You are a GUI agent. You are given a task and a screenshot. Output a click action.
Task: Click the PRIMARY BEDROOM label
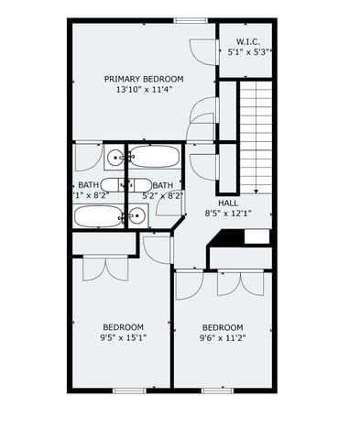point(144,78)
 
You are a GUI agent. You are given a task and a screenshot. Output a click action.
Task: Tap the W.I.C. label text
point(247,41)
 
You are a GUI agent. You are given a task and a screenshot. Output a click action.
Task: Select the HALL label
point(228,202)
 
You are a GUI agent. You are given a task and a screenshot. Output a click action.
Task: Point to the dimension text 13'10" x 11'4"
point(144,90)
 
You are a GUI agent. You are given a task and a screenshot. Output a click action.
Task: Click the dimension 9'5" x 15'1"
point(122,337)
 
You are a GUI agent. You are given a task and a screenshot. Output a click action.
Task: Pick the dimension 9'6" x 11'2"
point(223,337)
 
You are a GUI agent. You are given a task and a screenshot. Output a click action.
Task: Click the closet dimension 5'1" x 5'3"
point(247,53)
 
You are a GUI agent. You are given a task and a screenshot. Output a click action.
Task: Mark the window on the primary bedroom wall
point(189,20)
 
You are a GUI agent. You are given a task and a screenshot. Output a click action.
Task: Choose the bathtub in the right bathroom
point(153,157)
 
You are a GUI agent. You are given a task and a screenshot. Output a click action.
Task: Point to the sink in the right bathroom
point(136,216)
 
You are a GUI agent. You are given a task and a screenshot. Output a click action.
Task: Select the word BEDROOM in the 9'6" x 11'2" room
point(223,327)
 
